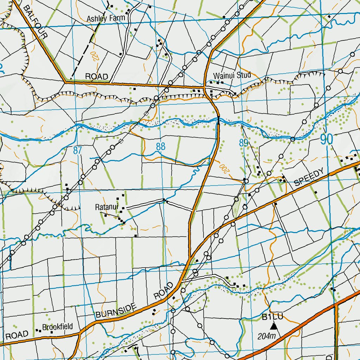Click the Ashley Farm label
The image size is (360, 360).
coord(104,19)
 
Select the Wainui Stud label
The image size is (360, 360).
coord(232,75)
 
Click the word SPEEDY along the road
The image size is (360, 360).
coord(308,178)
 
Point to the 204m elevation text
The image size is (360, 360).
coord(267,336)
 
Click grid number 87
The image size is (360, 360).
coord(78,150)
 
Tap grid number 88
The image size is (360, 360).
coord(161,146)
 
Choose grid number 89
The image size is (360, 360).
coord(244,143)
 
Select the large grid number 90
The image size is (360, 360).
coord(326,140)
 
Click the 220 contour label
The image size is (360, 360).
coord(95,56)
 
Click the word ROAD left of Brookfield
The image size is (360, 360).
coord(17,335)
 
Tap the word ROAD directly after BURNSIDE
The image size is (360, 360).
coord(164,290)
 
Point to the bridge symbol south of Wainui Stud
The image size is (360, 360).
coord(218,120)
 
